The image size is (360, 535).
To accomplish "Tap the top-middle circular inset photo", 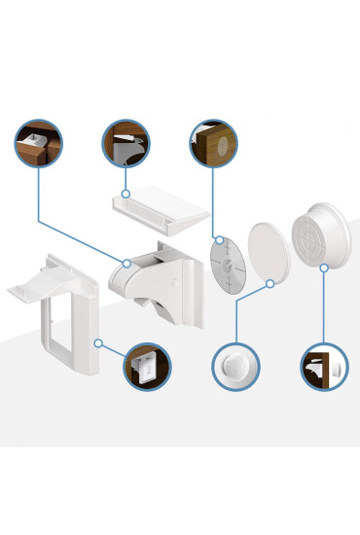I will pos(126,144).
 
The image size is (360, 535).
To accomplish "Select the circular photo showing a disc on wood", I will pos(213,145).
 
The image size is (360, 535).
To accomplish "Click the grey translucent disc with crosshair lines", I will pos(226,263).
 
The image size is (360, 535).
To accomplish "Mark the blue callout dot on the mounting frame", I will pos(98,342).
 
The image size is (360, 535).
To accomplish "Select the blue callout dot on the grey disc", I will pos(220,239).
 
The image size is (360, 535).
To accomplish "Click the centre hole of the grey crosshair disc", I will pos(225,263).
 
